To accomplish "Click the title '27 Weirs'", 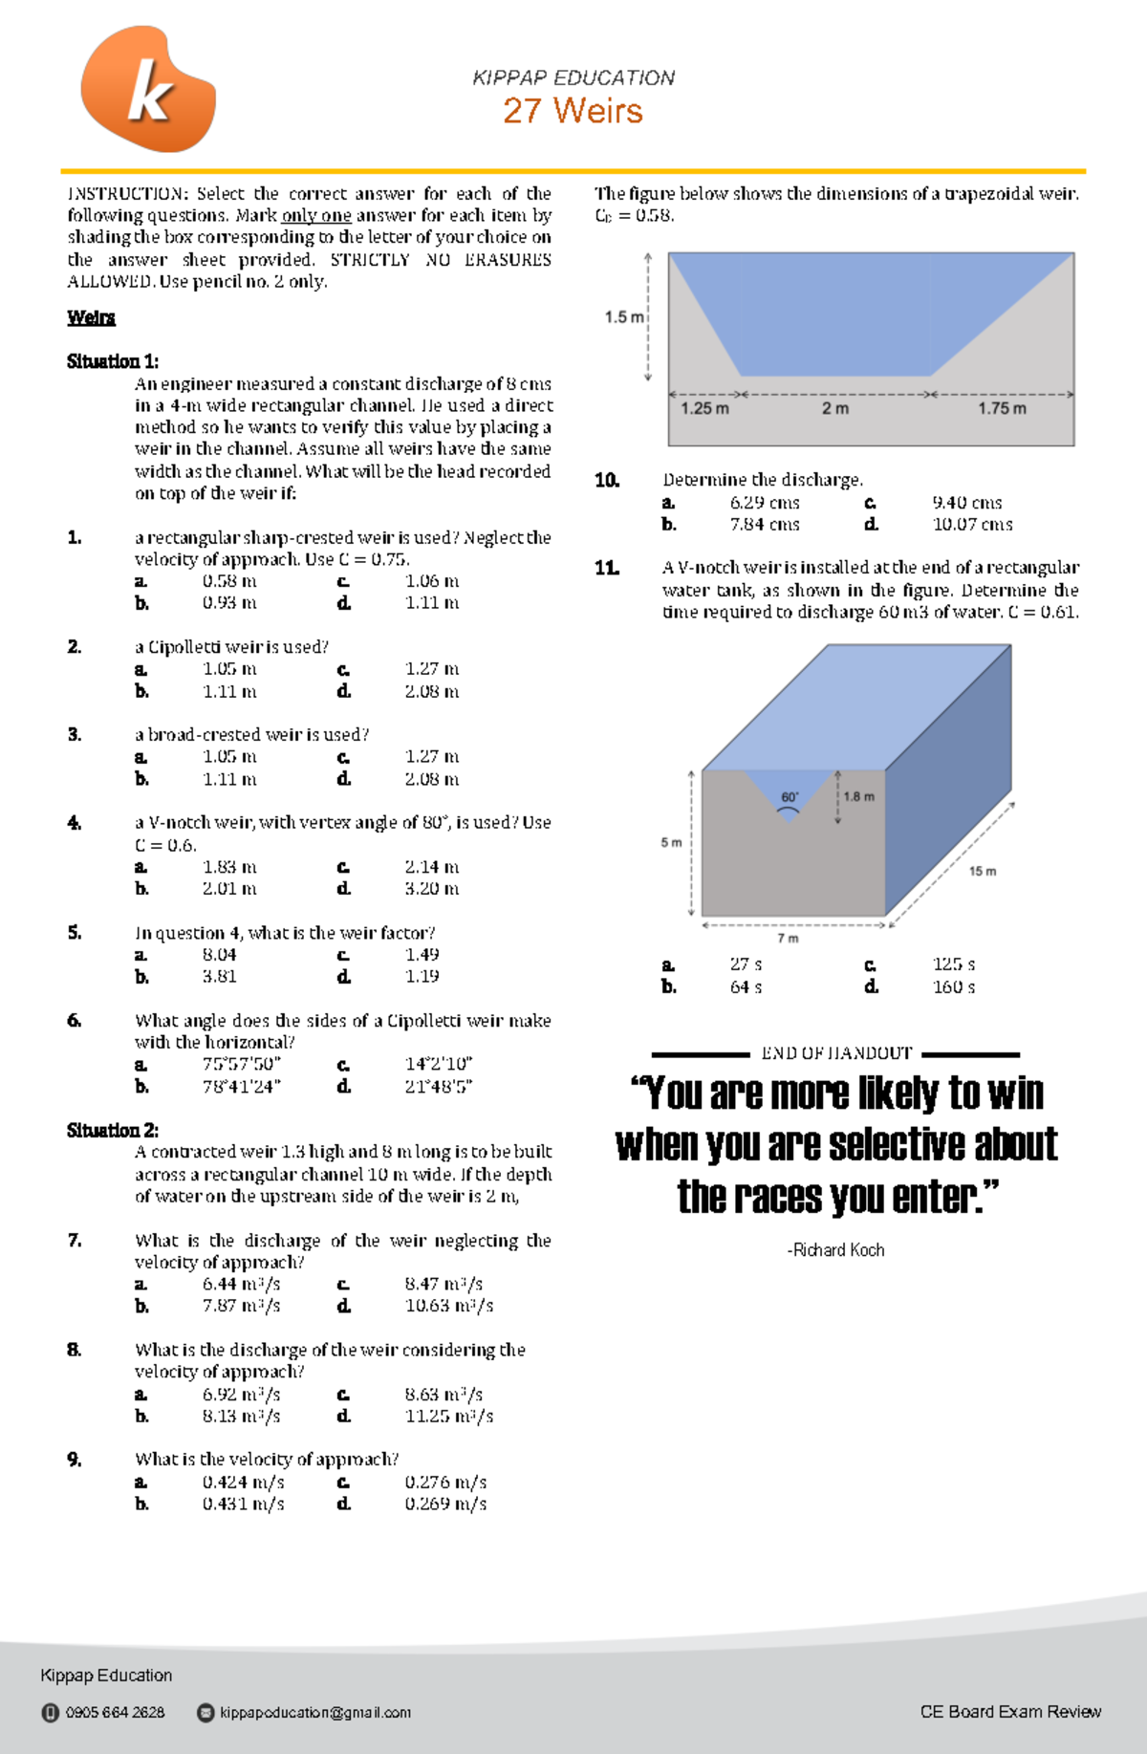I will [x=573, y=111].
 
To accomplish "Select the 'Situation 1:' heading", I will [x=112, y=361].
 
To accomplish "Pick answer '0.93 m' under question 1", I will [x=229, y=603].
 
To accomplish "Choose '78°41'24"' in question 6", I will [x=241, y=1087].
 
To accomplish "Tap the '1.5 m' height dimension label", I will [x=623, y=317].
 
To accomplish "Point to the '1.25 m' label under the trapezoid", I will [x=704, y=409].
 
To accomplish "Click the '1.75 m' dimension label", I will [x=1002, y=409].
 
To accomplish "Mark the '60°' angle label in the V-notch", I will [x=790, y=797].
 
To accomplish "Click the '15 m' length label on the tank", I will [x=982, y=872].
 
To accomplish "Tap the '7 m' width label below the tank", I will [x=788, y=939].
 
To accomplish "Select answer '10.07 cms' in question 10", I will [x=972, y=525].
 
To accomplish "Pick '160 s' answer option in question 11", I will [x=953, y=987].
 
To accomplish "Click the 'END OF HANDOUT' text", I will [x=836, y=1053].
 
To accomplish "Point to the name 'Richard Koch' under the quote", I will [x=837, y=1250].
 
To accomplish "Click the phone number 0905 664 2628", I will [x=115, y=1712].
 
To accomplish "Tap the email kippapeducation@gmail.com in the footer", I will [x=314, y=1712].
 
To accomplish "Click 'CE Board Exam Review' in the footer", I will [x=1009, y=1711].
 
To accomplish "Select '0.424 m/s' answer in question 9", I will [x=243, y=1483].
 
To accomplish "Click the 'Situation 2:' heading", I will [x=112, y=1131].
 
